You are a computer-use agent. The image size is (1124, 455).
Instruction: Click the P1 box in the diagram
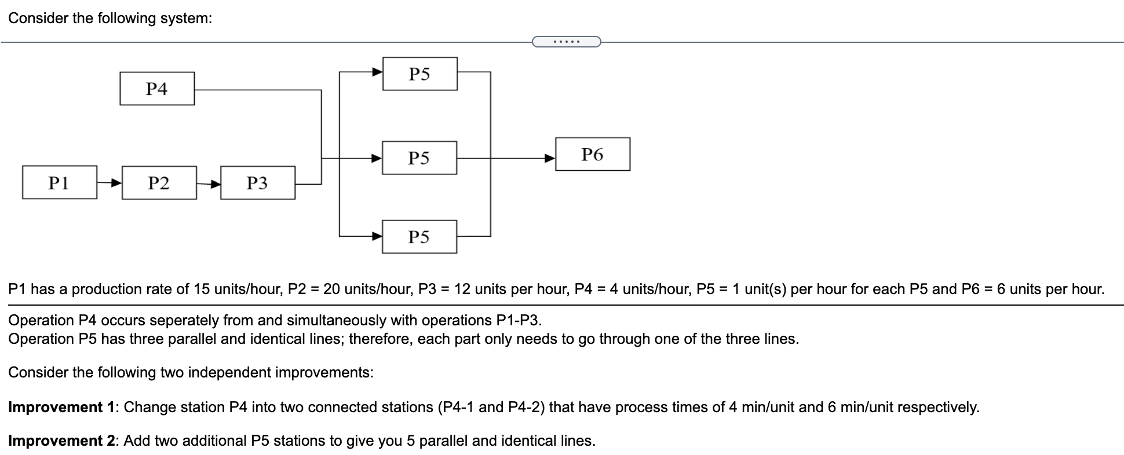click(59, 183)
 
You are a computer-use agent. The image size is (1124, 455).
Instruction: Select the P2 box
click(159, 183)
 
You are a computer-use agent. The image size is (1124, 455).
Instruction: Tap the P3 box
click(257, 183)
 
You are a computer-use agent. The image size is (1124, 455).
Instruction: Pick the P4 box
click(156, 89)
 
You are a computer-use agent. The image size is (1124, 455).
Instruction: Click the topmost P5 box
click(419, 74)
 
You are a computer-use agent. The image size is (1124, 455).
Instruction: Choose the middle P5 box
click(419, 158)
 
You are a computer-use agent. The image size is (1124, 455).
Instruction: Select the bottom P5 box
click(419, 237)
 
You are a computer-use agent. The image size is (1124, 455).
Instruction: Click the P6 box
click(592, 155)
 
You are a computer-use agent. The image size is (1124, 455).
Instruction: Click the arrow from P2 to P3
click(209, 184)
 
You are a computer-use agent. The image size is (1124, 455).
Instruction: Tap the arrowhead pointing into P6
click(549, 157)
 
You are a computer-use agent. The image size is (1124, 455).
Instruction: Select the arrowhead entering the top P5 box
click(377, 72)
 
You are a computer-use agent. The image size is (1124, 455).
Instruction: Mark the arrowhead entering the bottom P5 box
click(377, 236)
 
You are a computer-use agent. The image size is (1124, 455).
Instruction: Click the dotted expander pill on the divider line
click(566, 42)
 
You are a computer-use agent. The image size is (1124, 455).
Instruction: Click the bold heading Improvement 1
click(61, 407)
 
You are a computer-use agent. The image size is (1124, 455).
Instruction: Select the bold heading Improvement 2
click(61, 441)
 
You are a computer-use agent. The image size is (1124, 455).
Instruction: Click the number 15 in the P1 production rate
click(201, 289)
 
